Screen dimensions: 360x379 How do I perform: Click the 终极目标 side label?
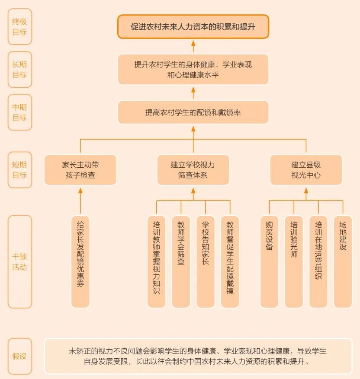pyautogui.click(x=20, y=27)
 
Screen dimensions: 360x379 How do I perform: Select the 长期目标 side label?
pyautogui.click(x=20, y=70)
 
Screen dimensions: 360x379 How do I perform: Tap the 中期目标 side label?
pyautogui.click(x=20, y=112)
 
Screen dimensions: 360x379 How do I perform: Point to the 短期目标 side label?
pyautogui.click(x=20, y=170)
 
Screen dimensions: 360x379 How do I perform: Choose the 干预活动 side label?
pyautogui.click(x=20, y=262)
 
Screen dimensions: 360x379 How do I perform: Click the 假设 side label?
pyautogui.click(x=20, y=356)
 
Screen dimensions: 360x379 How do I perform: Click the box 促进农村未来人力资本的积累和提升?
pyautogui.click(x=193, y=27)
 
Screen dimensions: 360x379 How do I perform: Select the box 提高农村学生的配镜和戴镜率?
pyautogui.click(x=193, y=112)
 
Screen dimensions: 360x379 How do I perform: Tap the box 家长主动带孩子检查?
pyautogui.click(x=80, y=170)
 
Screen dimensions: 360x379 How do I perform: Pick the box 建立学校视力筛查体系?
pyautogui.click(x=193, y=170)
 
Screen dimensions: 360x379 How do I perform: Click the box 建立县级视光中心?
pyautogui.click(x=306, y=170)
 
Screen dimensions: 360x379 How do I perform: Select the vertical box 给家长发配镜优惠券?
pyautogui.click(x=80, y=262)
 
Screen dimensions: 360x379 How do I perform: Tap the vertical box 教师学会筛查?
pyautogui.click(x=181, y=262)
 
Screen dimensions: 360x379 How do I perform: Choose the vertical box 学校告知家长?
pyautogui.click(x=206, y=262)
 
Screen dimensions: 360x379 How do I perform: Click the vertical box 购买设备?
pyautogui.click(x=269, y=262)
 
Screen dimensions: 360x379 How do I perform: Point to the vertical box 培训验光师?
pyautogui.click(x=294, y=262)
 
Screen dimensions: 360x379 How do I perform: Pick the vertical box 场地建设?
pyautogui.click(x=343, y=262)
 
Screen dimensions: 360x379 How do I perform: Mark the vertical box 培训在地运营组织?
pyautogui.click(x=318, y=262)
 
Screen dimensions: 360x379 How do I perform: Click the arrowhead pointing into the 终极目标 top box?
pyautogui.click(x=193, y=44)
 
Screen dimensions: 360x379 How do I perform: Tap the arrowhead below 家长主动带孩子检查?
pyautogui.click(x=80, y=191)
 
